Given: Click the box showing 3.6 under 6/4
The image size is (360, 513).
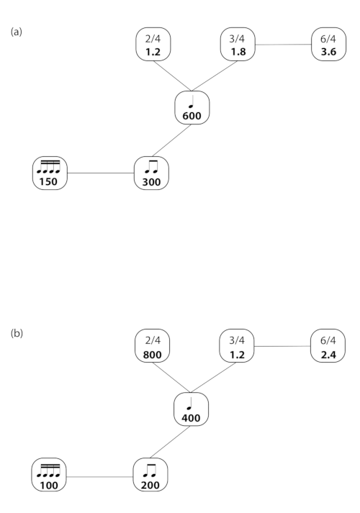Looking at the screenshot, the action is [x=328, y=44].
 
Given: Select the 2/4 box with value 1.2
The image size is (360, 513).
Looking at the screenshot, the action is [x=153, y=44].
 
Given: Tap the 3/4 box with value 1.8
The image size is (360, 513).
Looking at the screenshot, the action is [x=238, y=44].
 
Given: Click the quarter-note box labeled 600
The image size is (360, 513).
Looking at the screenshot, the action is [x=192, y=108].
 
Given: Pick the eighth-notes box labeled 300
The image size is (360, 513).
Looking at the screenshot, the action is [x=151, y=173].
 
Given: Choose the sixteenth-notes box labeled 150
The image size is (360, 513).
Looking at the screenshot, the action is [x=50, y=173].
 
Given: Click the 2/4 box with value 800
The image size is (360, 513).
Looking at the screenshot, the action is [x=153, y=346].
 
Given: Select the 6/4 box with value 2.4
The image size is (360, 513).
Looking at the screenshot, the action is [x=328, y=346].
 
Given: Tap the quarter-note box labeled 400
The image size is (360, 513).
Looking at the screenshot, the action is [x=191, y=409].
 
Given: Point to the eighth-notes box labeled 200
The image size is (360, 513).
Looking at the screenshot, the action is [x=150, y=475].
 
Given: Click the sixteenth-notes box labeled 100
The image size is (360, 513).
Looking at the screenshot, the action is [x=49, y=475].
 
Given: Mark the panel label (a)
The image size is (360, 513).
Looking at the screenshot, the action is [x=17, y=32].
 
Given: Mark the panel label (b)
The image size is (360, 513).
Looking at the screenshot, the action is [x=17, y=333].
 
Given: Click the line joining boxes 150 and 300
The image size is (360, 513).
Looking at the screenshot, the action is [x=101, y=173].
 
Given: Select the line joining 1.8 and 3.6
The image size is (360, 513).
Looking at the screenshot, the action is [x=283, y=44].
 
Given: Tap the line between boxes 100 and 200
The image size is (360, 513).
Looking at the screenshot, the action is [x=100, y=477].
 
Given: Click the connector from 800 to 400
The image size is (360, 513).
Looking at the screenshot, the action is [x=171, y=378].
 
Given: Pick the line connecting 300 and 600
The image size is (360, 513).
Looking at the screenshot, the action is [x=172, y=140].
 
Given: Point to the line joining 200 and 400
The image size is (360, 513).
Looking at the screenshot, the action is [x=170, y=442].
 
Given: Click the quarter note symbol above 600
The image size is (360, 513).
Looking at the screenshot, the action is [x=192, y=101].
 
